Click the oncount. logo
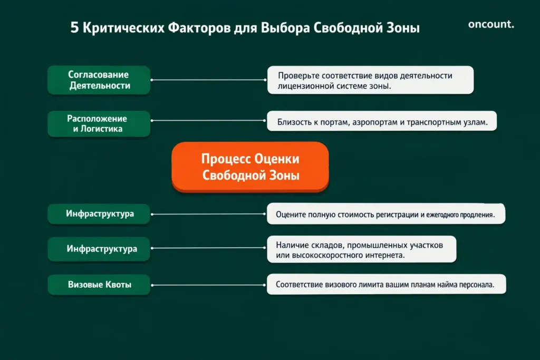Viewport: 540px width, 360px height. point(490,24)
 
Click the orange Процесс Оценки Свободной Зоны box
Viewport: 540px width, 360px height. point(250,167)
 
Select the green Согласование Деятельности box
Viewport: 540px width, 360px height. point(99,80)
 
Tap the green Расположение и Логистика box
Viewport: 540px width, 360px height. point(99,124)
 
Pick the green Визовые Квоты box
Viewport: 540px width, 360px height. point(99,285)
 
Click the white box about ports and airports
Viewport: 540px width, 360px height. point(382,123)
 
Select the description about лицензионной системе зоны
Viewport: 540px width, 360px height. point(370,80)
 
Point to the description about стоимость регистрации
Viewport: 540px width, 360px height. point(385,215)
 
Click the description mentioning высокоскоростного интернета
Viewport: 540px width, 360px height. point(361,250)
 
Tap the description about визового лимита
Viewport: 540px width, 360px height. point(385,285)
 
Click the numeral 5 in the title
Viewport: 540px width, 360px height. point(74,28)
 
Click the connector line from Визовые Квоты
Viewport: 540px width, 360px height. point(208,285)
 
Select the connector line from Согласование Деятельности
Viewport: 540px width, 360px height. point(208,80)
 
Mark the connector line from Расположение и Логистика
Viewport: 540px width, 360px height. point(208,123)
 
